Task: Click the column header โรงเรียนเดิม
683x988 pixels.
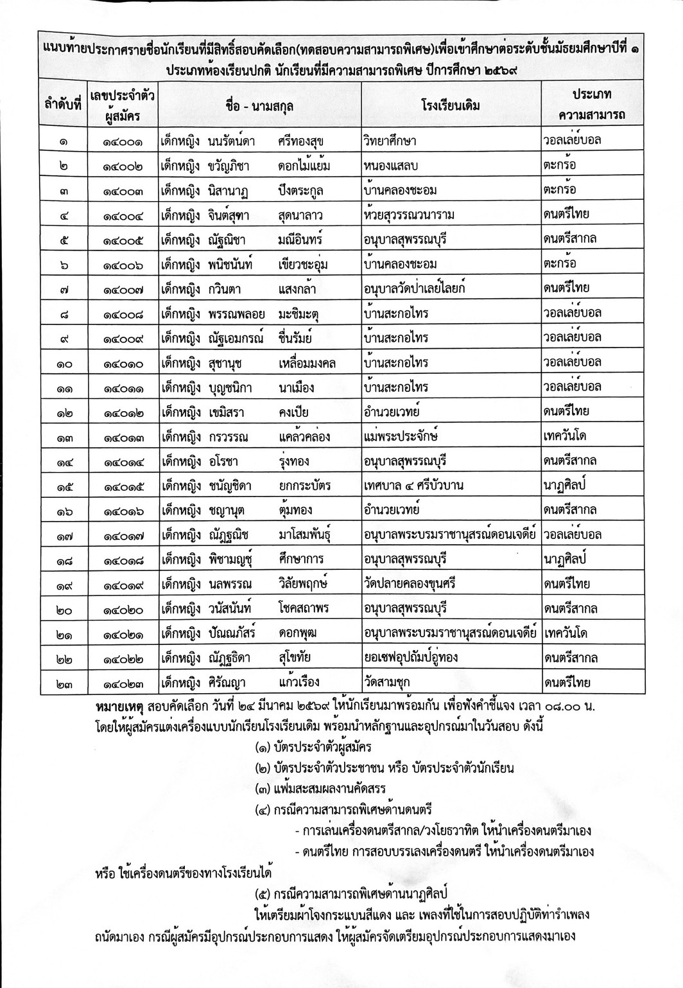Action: (x=451, y=105)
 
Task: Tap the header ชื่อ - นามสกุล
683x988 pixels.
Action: (x=260, y=105)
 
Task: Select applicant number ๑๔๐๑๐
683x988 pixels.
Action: (x=123, y=363)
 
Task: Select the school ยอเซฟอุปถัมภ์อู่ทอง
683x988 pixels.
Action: (x=420, y=658)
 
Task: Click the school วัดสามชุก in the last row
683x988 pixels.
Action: (x=386, y=682)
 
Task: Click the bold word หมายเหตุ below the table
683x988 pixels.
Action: (x=117, y=707)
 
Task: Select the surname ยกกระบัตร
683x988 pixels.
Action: (x=305, y=486)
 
